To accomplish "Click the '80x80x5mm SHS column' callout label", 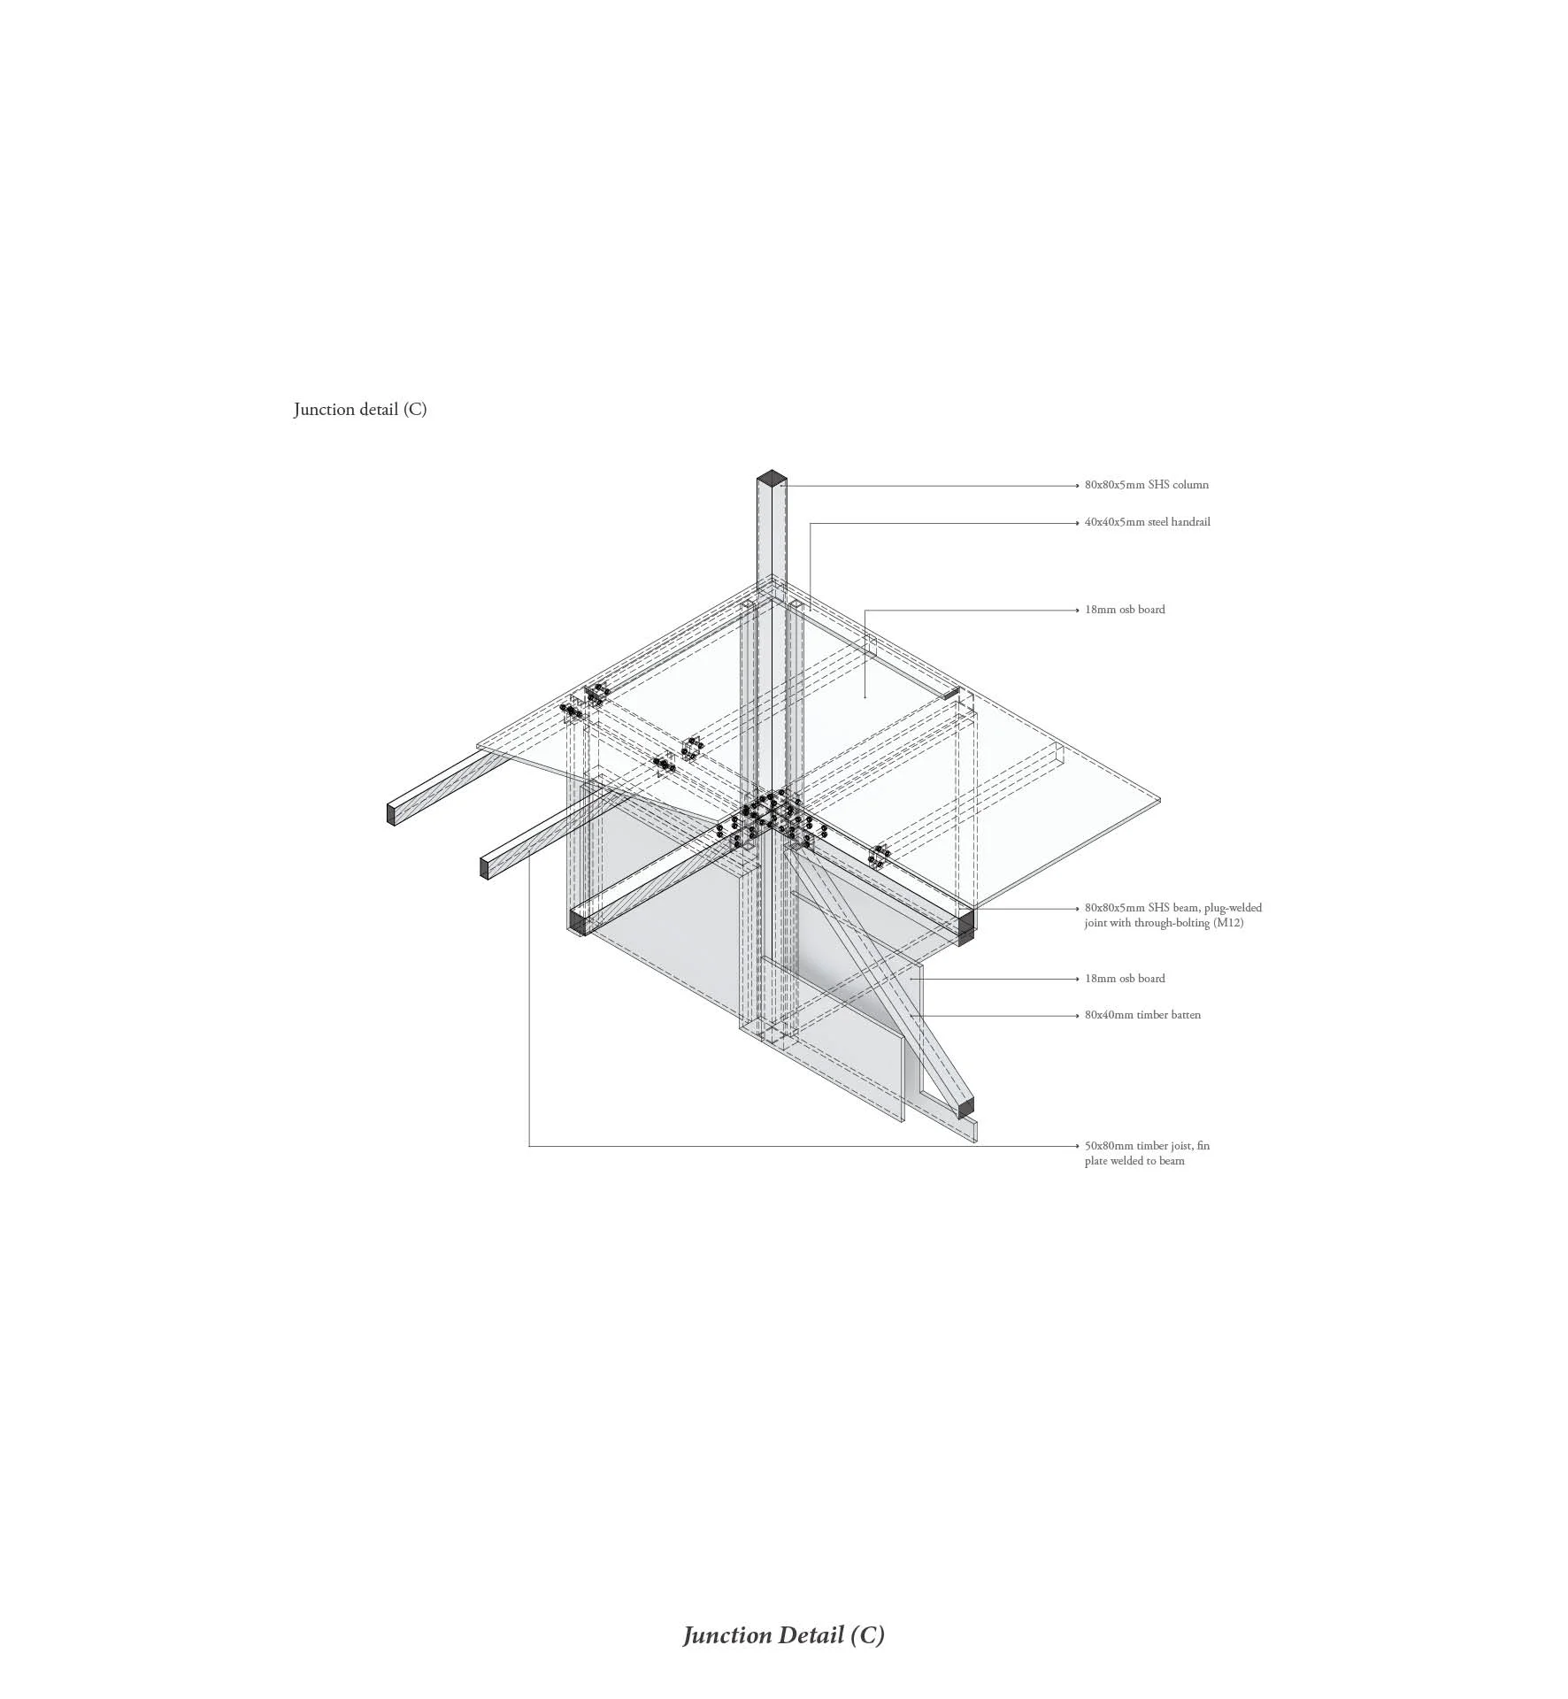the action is [x=1146, y=485].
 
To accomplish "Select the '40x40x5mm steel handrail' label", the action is [x=1147, y=522].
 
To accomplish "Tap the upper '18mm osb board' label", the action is [x=1125, y=610].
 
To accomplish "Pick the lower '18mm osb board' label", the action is [x=1125, y=979].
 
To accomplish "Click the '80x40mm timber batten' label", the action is [x=1142, y=1015].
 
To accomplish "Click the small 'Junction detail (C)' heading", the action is [x=360, y=409].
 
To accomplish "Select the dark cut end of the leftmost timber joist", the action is [x=391, y=813].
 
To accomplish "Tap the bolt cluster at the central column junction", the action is [x=768, y=817].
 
